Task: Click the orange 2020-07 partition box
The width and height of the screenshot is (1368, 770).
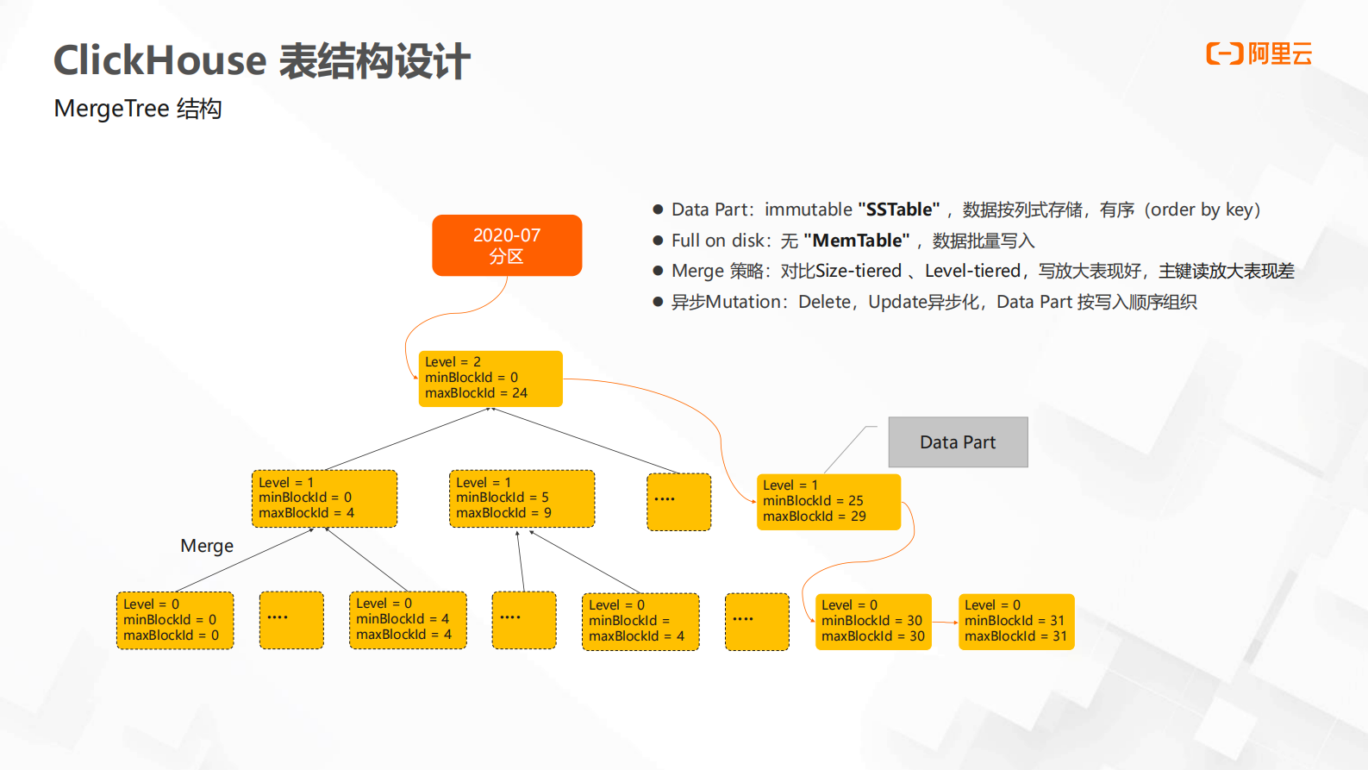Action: click(x=507, y=246)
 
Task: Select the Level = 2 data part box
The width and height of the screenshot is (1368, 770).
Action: click(x=490, y=379)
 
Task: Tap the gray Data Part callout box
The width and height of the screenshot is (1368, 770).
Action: click(x=958, y=442)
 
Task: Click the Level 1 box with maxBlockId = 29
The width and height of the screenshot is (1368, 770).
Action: click(x=828, y=502)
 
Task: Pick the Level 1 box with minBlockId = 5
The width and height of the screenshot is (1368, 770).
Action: click(x=522, y=498)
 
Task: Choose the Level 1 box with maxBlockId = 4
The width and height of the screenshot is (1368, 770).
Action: click(x=324, y=498)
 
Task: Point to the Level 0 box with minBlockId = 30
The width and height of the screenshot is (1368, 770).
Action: click(x=873, y=622)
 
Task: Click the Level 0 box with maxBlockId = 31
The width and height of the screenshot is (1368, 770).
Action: click(x=1016, y=622)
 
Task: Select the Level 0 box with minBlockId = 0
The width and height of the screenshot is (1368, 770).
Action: click(x=175, y=621)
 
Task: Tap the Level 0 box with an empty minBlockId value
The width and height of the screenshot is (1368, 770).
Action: click(x=640, y=622)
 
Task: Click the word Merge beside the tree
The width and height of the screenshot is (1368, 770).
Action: click(x=207, y=546)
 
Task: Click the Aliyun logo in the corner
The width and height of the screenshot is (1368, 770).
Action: click(x=1259, y=54)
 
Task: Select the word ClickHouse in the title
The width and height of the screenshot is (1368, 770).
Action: click(x=160, y=61)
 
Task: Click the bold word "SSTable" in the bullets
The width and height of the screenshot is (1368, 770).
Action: click(x=898, y=210)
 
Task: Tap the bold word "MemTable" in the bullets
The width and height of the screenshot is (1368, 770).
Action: click(x=856, y=241)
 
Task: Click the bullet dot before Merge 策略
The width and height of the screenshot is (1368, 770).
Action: click(x=658, y=272)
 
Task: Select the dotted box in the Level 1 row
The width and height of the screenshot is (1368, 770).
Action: click(x=679, y=502)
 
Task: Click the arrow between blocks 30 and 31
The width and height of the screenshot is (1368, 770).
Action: click(x=945, y=623)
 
